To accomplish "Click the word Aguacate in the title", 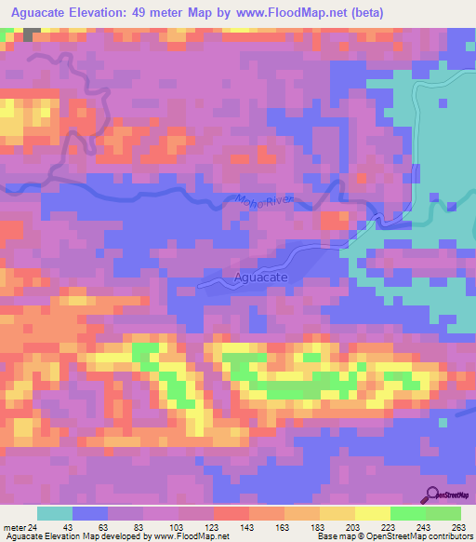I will click(x=43, y=11).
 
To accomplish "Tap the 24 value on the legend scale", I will click(x=34, y=527).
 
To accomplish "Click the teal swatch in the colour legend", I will click(x=55, y=513).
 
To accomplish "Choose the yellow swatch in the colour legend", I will click(x=373, y=513).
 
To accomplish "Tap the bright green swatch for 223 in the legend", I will click(x=408, y=513).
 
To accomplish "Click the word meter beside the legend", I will click(x=15, y=527).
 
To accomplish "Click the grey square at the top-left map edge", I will click(x=33, y=34).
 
